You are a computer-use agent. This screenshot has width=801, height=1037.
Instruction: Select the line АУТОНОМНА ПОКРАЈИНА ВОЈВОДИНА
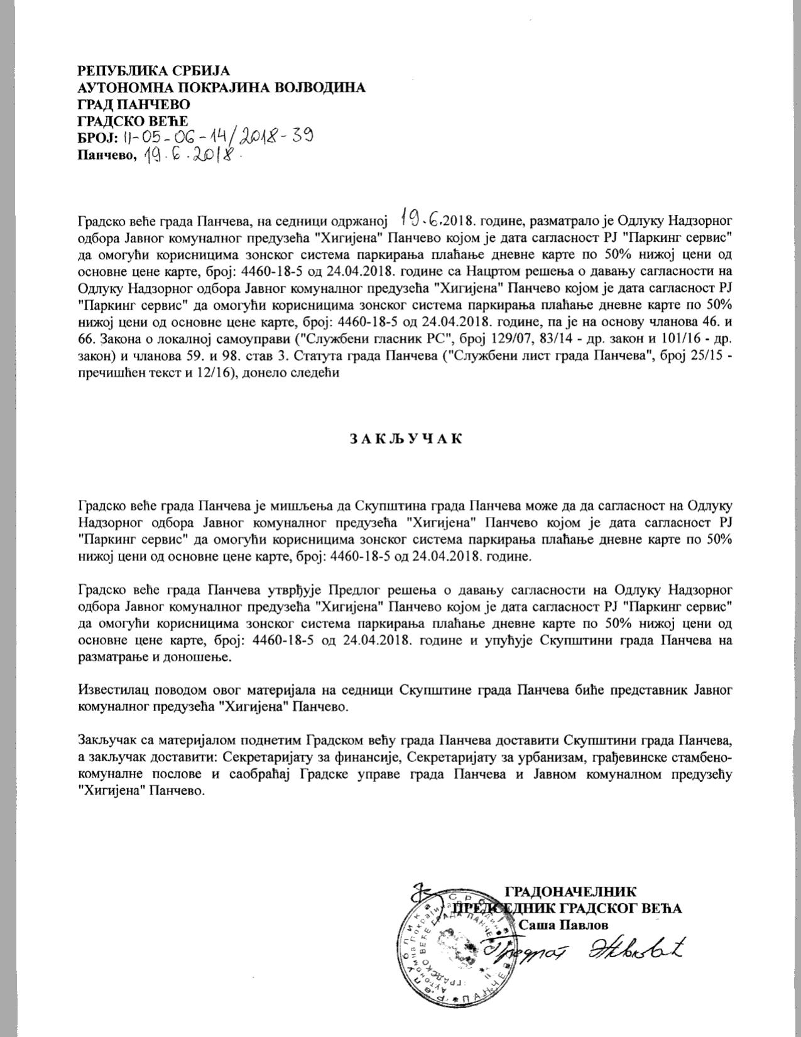pyautogui.click(x=221, y=87)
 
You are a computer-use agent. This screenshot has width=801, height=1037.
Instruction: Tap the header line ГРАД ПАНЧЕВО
pyautogui.click(x=133, y=104)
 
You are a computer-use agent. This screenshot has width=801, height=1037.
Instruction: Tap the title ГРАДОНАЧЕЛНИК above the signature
pyautogui.click(x=570, y=891)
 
